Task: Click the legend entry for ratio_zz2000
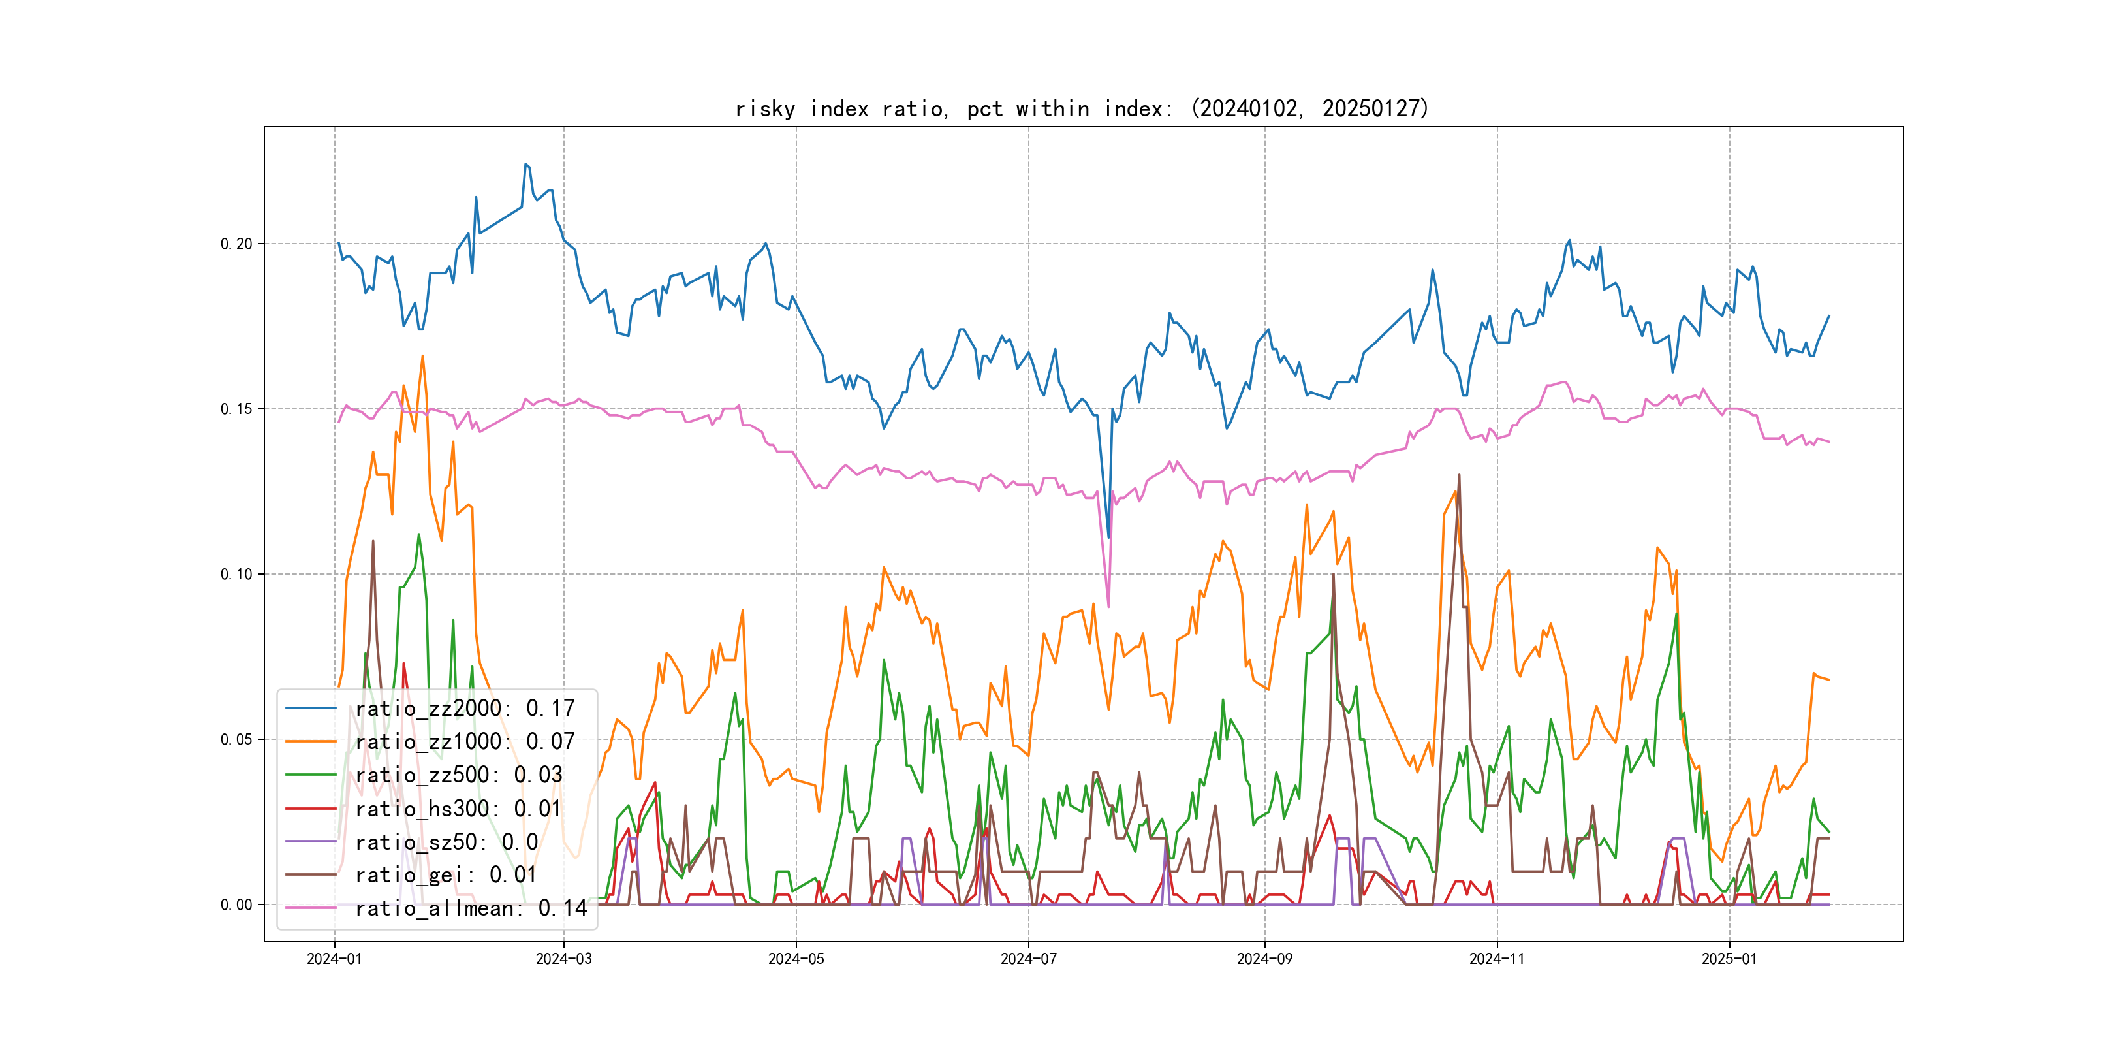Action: [x=465, y=708]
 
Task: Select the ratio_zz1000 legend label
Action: [x=465, y=742]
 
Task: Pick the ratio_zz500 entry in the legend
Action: [x=458, y=775]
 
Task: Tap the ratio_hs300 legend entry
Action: [x=458, y=809]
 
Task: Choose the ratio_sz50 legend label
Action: [x=446, y=842]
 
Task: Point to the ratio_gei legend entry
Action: [x=446, y=875]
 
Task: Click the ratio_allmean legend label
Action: [x=471, y=908]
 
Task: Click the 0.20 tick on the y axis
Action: [x=236, y=244]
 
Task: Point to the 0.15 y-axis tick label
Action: [x=236, y=409]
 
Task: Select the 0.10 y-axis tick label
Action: [x=236, y=574]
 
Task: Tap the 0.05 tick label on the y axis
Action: [x=236, y=739]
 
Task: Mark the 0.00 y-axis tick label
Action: [x=236, y=905]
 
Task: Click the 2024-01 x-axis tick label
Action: [x=334, y=959]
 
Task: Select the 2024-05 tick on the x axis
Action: [x=796, y=959]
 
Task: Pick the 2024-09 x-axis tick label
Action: [x=1264, y=959]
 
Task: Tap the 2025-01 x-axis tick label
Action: [x=1729, y=959]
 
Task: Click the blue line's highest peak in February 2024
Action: [x=525, y=165]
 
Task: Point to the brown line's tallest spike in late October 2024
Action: [x=1459, y=475]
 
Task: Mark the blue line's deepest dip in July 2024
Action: [x=1108, y=538]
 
